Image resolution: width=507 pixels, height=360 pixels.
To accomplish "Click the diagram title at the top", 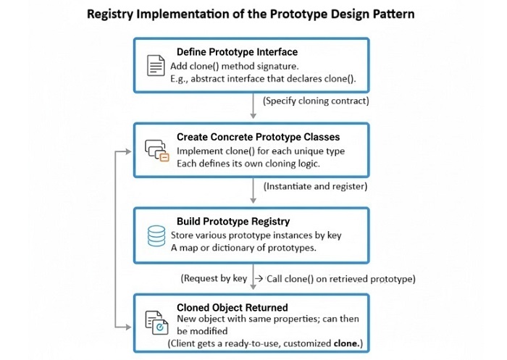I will [253, 14].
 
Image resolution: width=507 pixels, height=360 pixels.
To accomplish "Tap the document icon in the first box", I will [156, 66].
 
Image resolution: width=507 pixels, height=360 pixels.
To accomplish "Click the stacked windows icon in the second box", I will [156, 151].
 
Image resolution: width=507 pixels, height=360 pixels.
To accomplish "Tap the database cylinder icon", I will [156, 236].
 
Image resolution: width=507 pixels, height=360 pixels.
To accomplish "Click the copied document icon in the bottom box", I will [156, 322].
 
